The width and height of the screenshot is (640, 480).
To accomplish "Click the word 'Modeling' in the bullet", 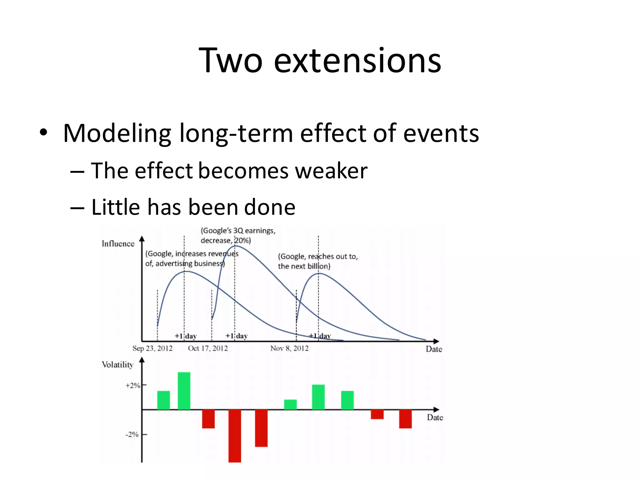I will tap(117, 134).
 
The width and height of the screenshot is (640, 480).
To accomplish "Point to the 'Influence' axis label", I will tap(118, 244).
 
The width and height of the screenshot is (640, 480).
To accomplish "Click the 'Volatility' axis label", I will tap(117, 365).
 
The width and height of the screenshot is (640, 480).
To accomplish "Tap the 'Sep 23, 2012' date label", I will tap(152, 348).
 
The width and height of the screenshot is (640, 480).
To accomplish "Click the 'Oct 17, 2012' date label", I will tap(208, 348).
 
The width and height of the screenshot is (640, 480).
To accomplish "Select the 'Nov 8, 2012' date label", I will tap(289, 348).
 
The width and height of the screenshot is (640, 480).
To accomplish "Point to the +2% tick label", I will tap(132, 386).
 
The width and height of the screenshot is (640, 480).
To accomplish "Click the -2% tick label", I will tap(132, 434).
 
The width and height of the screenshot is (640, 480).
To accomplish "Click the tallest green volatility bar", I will tap(184, 391).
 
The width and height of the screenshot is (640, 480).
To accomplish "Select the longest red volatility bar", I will tap(235, 436).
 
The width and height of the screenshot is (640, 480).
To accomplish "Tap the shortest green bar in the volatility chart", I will tap(290, 404).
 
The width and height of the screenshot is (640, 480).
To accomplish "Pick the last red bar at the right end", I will tap(405, 419).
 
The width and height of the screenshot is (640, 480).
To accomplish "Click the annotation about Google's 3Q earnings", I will tap(237, 235).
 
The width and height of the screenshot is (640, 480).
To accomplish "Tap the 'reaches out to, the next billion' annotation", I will tap(317, 261).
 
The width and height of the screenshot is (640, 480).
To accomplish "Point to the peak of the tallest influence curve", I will tap(235, 246).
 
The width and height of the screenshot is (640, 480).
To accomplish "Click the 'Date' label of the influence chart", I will tap(434, 349).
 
